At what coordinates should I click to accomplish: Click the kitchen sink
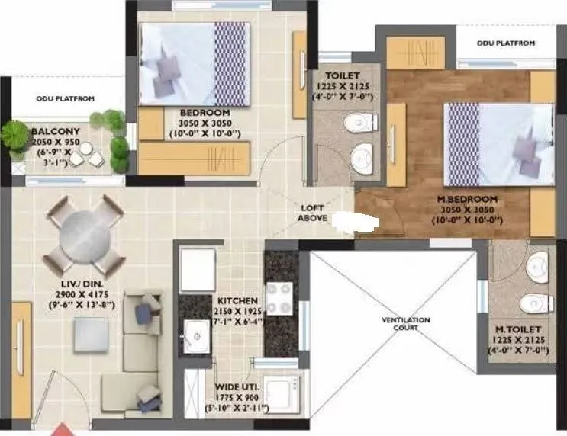pos(195,333)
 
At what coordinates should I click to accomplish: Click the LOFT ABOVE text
pos(313,213)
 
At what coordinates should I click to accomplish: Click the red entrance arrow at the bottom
pos(61,430)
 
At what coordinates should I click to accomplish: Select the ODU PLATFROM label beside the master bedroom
pos(506,43)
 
